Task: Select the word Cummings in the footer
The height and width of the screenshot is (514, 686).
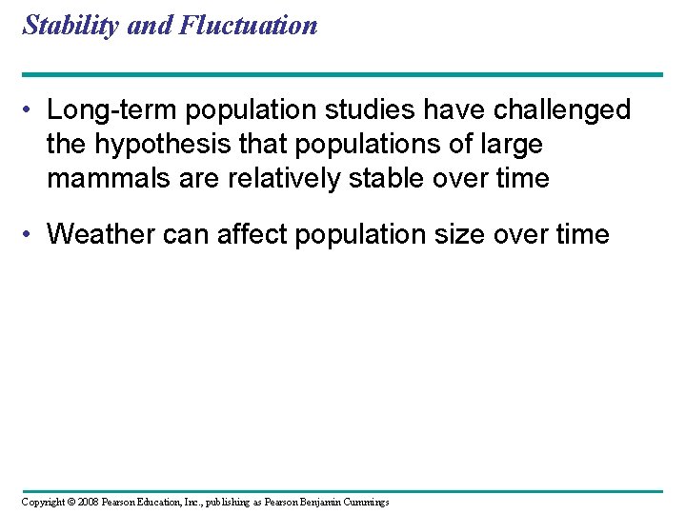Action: coord(363,502)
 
